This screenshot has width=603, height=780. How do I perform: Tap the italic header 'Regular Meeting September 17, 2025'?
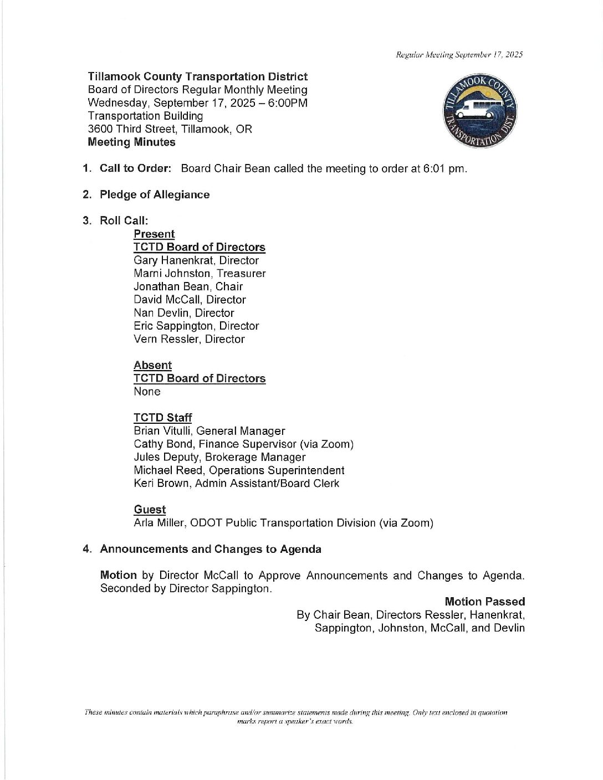[x=459, y=54]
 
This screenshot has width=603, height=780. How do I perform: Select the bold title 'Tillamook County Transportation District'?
[x=197, y=76]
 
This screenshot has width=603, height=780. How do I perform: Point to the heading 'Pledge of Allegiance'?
[x=155, y=194]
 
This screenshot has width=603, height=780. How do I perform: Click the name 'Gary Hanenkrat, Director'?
[x=196, y=260]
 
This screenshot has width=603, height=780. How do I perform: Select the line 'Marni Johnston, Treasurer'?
[x=200, y=274]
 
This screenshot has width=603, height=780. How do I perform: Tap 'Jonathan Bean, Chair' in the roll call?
[x=188, y=286]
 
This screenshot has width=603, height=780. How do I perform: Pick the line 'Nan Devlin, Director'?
[x=183, y=313]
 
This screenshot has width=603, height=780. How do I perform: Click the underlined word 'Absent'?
[x=152, y=366]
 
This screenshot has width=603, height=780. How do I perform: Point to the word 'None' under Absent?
[x=147, y=392]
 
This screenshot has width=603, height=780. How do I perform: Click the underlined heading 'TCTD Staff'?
[x=162, y=418]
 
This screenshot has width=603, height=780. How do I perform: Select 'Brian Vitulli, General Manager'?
[x=209, y=431]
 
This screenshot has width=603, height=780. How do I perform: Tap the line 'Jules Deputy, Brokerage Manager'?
[x=219, y=457]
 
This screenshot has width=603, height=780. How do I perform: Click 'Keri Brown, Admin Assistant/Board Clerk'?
[x=236, y=483]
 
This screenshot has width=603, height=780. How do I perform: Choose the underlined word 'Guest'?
[x=150, y=510]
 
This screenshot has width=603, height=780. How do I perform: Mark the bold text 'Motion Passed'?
[x=484, y=602]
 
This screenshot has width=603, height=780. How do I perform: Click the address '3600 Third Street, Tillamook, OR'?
[x=170, y=129]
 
